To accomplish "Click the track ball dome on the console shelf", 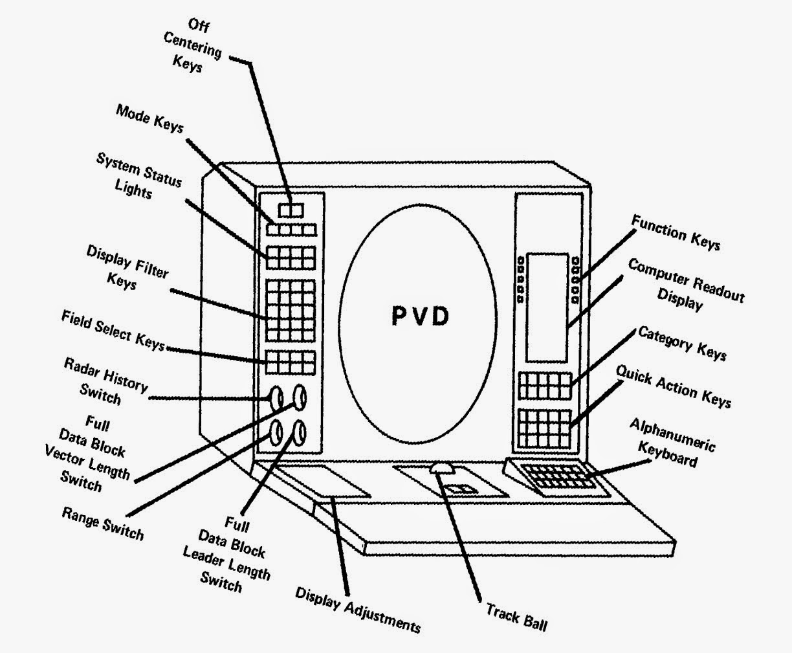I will click(x=442, y=468).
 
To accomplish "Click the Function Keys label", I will click(x=676, y=232).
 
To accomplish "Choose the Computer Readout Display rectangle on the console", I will click(x=546, y=307).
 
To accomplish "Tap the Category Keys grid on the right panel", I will click(x=545, y=386).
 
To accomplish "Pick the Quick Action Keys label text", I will click(x=674, y=386).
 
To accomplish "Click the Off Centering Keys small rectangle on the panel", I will click(x=291, y=210).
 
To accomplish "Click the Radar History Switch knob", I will click(x=276, y=397).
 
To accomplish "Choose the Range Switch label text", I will click(x=102, y=522).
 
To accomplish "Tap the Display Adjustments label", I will click(x=358, y=609).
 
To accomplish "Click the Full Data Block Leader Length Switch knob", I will click(x=300, y=432).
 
